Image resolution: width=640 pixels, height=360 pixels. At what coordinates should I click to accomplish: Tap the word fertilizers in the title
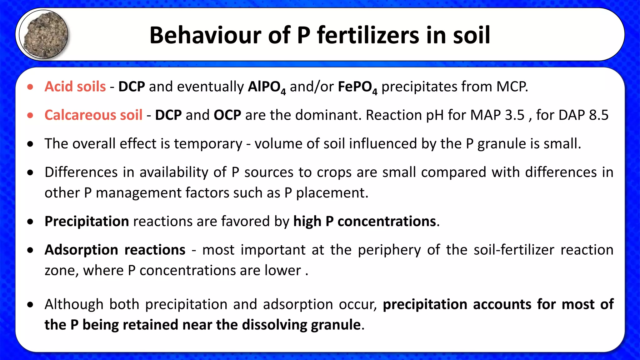(x=369, y=35)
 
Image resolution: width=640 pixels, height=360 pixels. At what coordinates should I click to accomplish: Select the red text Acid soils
(x=75, y=87)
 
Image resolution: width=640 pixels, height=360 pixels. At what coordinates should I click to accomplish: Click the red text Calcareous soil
(x=93, y=115)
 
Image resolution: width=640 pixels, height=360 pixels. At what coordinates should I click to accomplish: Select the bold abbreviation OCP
(x=227, y=115)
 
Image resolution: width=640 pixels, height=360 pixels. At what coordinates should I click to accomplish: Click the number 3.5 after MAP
(x=514, y=115)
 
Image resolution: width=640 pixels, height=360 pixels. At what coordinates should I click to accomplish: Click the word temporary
(x=208, y=144)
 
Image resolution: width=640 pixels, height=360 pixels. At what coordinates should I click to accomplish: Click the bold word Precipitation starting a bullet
(x=87, y=222)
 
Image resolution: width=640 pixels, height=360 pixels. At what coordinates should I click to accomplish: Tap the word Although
(x=74, y=304)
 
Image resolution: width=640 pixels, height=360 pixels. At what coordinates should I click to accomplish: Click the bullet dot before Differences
(x=30, y=172)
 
